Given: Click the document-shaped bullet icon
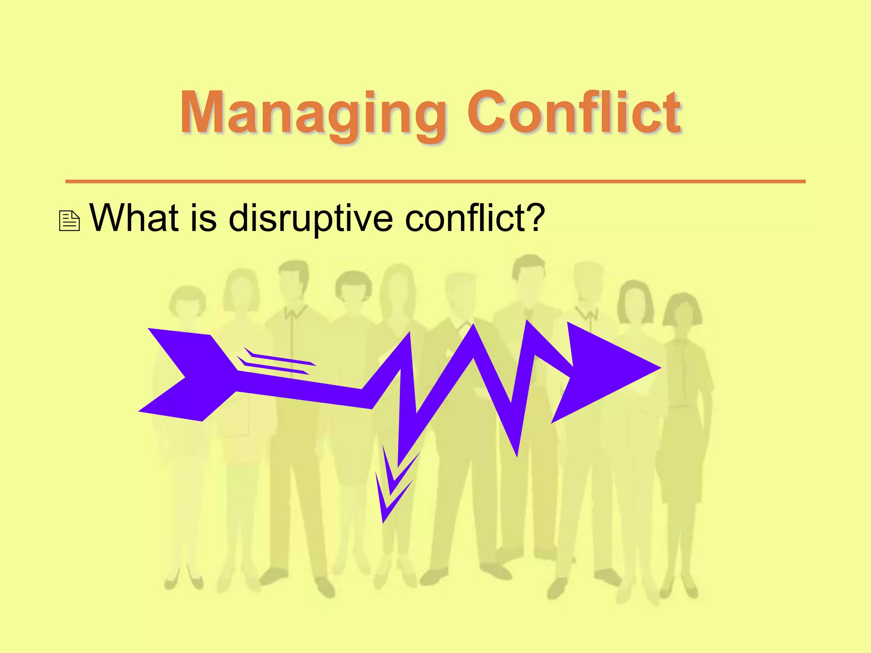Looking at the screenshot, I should coord(69,221).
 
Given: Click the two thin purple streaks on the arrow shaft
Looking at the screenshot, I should coord(276,361).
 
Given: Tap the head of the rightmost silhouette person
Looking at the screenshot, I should coord(683,312).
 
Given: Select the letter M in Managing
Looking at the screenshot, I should coord(203,112).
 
